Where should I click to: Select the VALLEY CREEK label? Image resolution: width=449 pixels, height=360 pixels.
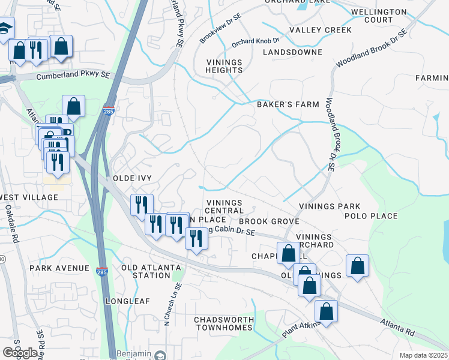click(321, 30)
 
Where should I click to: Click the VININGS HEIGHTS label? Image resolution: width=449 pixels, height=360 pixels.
click(224, 66)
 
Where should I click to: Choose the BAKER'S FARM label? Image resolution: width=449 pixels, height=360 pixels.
click(288, 104)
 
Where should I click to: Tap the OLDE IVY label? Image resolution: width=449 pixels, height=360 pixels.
click(132, 179)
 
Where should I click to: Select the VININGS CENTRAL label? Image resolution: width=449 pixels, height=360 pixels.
click(224, 207)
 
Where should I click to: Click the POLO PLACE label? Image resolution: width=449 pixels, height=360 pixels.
click(371, 216)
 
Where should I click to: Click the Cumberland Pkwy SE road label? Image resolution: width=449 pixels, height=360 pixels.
click(73, 77)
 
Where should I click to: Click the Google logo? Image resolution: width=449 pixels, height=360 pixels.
click(20, 352)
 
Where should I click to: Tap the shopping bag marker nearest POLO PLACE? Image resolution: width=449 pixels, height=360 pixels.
click(357, 266)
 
